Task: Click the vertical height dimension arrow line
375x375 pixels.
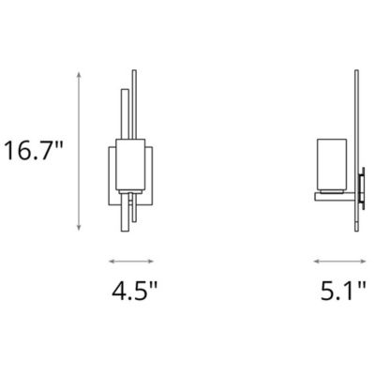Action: [x=79, y=151]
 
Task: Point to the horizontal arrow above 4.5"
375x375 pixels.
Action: [x=130, y=262]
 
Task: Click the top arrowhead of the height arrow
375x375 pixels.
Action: [x=79, y=77]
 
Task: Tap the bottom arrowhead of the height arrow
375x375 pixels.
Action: [x=79, y=225]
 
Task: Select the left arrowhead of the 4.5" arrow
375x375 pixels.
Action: [x=111, y=262]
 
